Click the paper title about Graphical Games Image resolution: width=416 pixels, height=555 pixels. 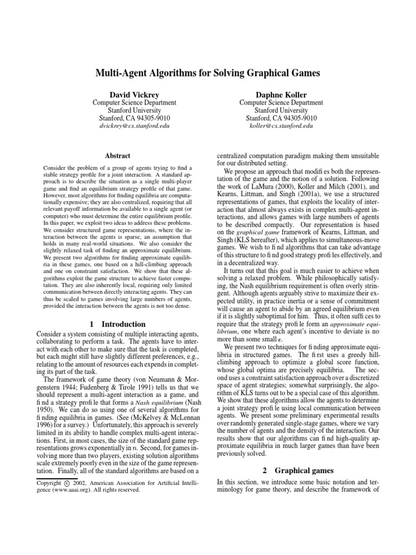[x=207, y=73]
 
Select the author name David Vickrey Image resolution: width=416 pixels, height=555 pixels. [x=134, y=94]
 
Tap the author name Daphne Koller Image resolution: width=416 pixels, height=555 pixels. [x=281, y=94]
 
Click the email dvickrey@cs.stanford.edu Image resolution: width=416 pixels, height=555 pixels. [x=134, y=126]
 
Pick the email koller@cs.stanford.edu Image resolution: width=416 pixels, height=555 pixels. [x=281, y=126]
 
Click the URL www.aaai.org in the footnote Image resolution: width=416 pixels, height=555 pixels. [x=80, y=489]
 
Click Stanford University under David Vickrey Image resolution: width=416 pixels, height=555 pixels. [x=134, y=110]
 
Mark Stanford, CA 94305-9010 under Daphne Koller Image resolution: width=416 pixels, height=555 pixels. [x=281, y=118]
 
